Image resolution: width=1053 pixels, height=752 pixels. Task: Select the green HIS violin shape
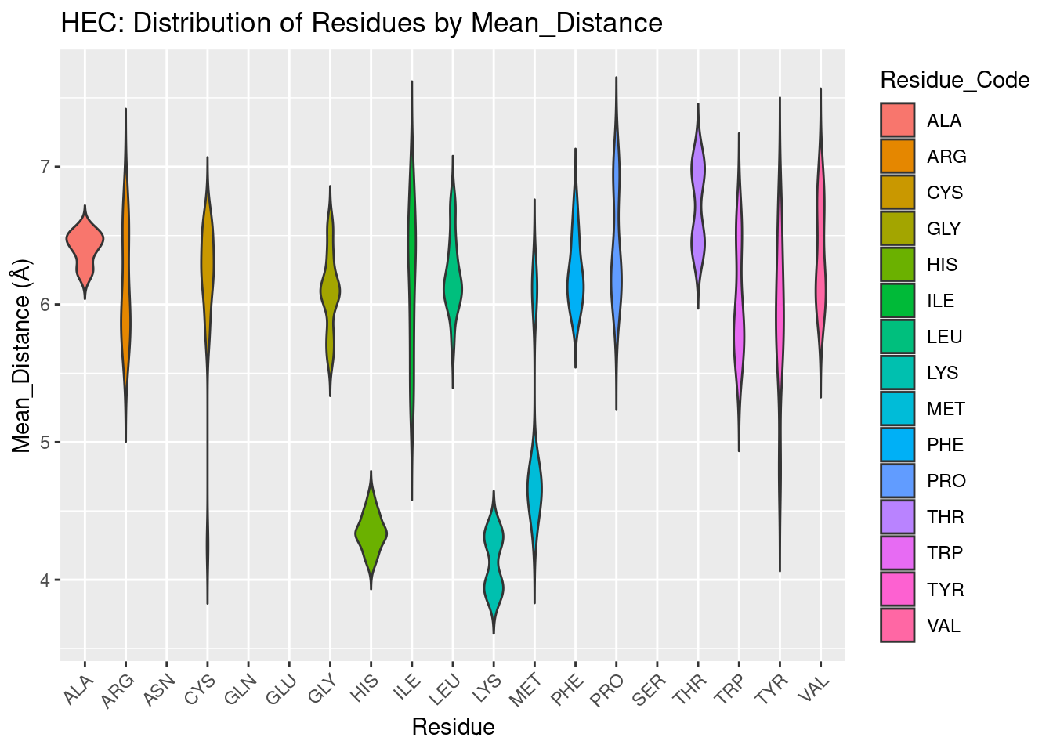371,534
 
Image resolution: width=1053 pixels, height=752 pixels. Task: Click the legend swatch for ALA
897,121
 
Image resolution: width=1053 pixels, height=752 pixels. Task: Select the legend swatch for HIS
897,265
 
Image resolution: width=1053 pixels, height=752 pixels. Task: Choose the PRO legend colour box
897,481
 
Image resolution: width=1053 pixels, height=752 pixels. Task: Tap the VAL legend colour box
897,626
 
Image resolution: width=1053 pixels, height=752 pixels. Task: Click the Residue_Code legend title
954,80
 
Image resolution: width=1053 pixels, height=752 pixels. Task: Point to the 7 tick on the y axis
45,167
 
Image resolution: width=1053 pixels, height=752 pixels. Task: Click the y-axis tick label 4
45,580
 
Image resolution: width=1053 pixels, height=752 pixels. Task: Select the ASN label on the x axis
161,690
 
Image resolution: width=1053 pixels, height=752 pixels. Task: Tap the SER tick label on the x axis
651,690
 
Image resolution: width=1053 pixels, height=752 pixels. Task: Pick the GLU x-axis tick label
283,690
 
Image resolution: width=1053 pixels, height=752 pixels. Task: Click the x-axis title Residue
453,728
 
